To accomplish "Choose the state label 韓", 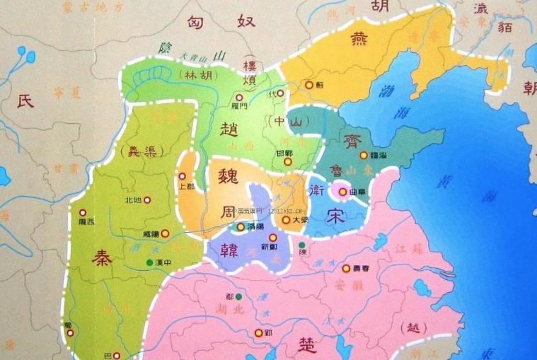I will click(228, 249).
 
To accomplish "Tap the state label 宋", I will click(335, 219).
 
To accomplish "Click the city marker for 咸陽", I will click(166, 233).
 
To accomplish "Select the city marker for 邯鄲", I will click(287, 161).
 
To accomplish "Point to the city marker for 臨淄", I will click(364, 155).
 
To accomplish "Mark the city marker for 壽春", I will click(347, 269).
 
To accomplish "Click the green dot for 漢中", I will click(149, 263).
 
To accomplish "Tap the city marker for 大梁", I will click(286, 220).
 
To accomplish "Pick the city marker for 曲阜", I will click(342, 191).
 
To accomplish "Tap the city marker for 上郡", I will click(182, 176).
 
